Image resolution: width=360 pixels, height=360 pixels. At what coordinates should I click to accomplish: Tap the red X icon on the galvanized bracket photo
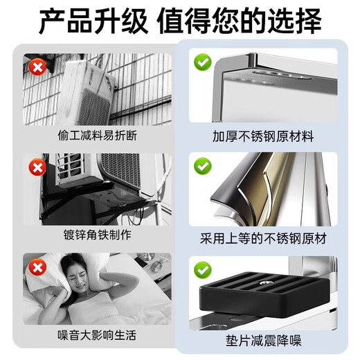[36, 167]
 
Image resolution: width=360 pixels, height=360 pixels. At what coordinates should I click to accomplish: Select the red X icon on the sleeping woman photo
[36, 267]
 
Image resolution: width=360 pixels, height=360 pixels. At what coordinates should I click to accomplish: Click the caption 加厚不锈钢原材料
[262, 136]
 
